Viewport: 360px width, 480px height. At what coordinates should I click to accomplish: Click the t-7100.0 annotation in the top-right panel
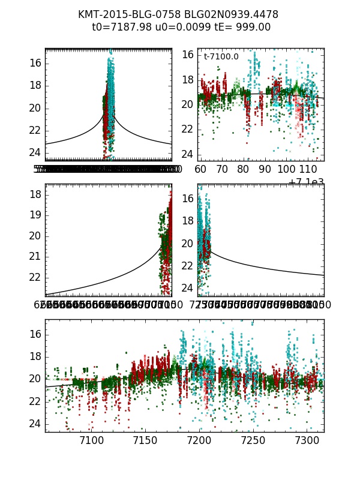[221, 57]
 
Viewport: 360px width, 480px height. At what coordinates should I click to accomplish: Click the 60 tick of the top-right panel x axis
[200, 169]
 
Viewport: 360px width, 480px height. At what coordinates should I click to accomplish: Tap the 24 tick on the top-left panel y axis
[35, 152]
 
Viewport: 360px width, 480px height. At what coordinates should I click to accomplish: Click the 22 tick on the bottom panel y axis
[35, 401]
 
